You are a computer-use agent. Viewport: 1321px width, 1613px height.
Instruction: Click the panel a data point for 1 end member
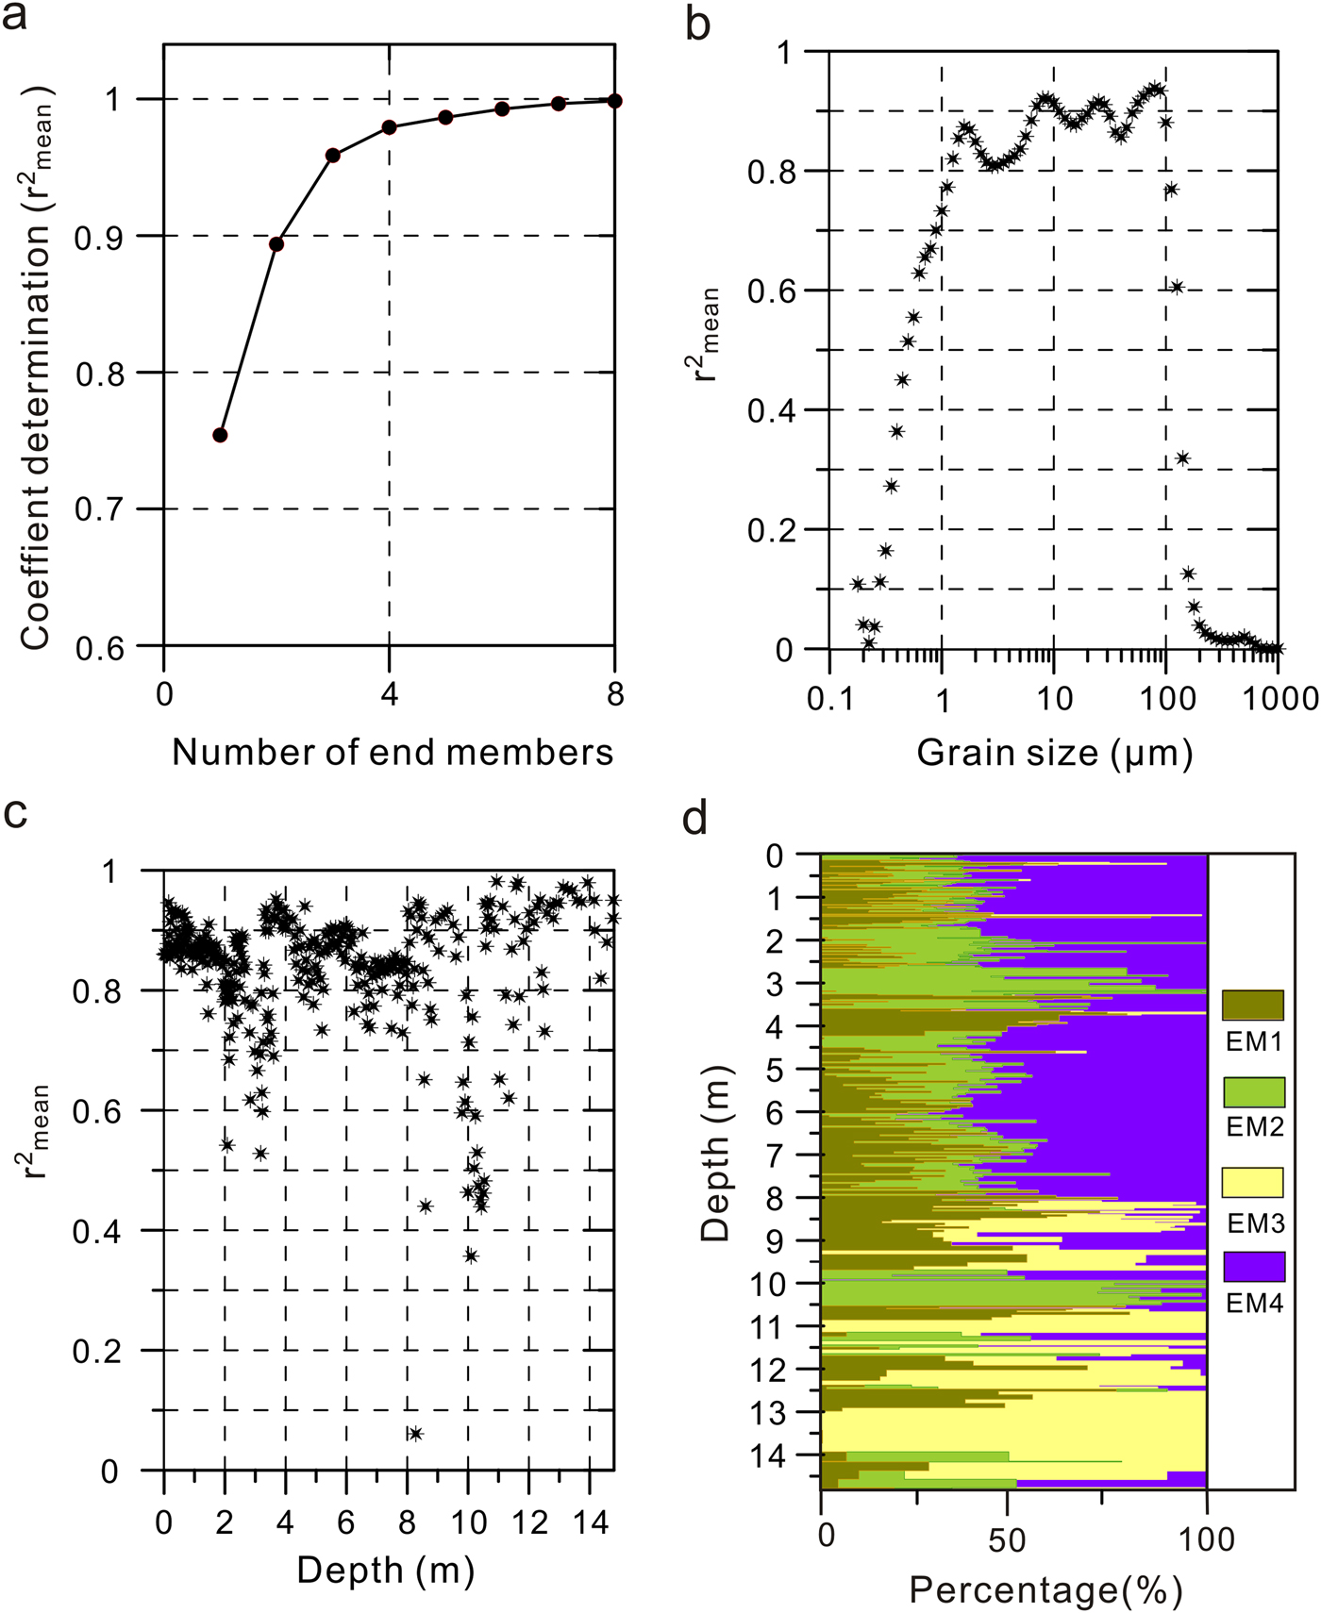click(220, 435)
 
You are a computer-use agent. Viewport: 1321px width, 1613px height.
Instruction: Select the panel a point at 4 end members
click(389, 127)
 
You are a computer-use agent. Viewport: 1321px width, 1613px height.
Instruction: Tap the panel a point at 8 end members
click(614, 101)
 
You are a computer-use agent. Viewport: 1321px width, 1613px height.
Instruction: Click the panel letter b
click(697, 23)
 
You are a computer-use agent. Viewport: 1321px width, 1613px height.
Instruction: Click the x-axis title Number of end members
click(393, 752)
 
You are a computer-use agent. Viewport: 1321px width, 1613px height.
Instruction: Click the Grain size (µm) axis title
click(1055, 752)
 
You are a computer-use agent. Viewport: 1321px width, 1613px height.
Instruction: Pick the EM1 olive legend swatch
click(1253, 1006)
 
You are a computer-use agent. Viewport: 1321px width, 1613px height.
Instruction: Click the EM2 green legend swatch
click(1253, 1091)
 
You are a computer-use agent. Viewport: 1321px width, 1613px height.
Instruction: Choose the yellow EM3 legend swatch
click(1253, 1182)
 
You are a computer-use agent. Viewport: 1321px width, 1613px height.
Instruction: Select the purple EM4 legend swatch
click(1253, 1267)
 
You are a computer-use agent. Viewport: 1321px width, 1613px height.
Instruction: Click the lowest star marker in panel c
click(415, 1434)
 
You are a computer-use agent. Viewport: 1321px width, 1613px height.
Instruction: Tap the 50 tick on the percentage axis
click(1008, 1538)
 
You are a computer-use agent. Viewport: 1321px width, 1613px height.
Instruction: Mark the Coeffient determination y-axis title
click(36, 368)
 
